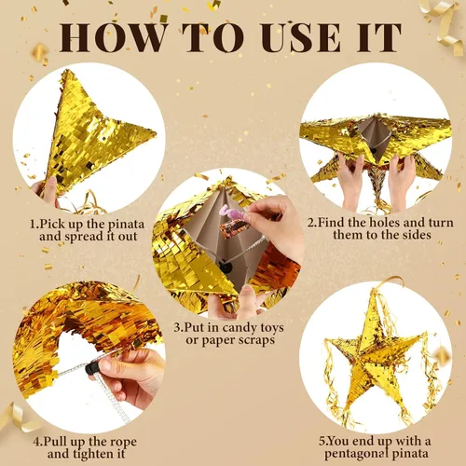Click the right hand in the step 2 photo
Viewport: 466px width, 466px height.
pyautogui.click(x=402, y=177)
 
